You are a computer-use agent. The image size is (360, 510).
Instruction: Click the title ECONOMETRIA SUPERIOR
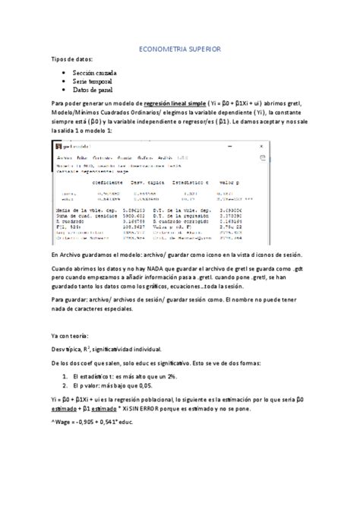tap(180, 48)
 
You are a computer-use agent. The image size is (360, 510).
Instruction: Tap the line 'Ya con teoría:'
tap(70, 335)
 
